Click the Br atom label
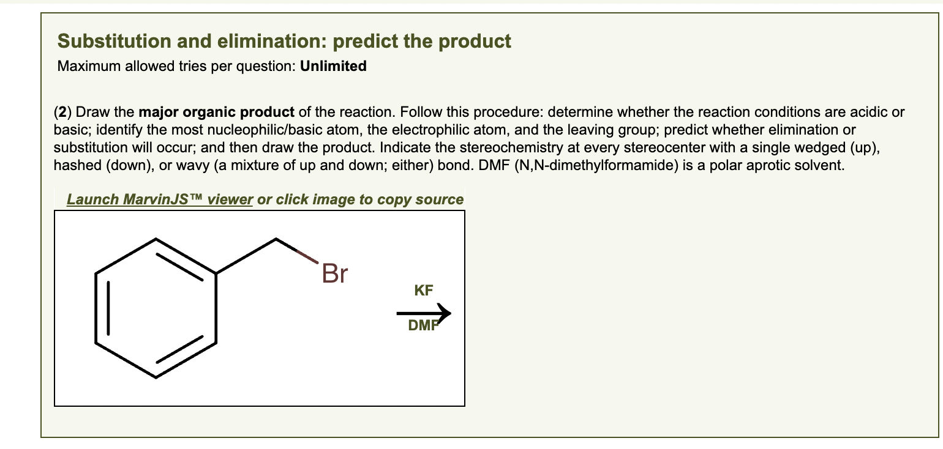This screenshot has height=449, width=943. pyautogui.click(x=334, y=273)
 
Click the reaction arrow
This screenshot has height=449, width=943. pyautogui.click(x=423, y=314)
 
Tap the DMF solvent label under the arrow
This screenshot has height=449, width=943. pyautogui.click(x=423, y=326)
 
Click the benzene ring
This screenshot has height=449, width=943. pyautogui.click(x=156, y=308)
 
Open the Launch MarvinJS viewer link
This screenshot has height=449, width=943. pyautogui.click(x=160, y=199)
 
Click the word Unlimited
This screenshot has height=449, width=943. pyautogui.click(x=334, y=66)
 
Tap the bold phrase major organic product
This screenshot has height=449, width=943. pyautogui.click(x=217, y=113)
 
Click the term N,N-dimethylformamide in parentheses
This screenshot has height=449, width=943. pyautogui.click(x=612, y=165)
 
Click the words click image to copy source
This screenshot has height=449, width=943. pyautogui.click(x=370, y=199)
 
